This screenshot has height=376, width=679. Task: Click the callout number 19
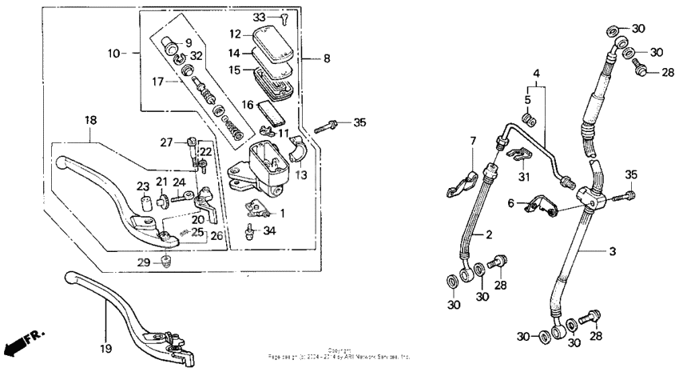click(105, 348)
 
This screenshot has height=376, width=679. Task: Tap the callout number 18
click(90, 120)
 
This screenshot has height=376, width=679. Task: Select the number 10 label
click(114, 53)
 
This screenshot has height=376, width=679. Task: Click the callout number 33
click(258, 17)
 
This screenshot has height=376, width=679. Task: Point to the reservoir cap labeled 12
click(272, 38)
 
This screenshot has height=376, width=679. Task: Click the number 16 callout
click(248, 104)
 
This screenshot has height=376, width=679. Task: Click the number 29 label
click(144, 262)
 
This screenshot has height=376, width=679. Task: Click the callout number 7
click(472, 142)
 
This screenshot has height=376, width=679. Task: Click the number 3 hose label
click(612, 252)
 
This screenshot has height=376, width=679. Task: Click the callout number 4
click(536, 73)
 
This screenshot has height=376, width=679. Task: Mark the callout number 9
click(189, 42)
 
